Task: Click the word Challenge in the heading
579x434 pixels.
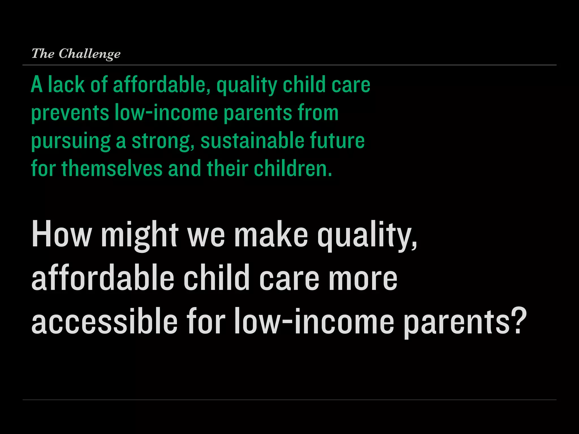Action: tap(89, 54)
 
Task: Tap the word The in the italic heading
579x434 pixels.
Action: tap(43, 53)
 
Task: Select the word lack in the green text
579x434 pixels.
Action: tap(66, 84)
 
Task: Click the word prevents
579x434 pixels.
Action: tap(70, 113)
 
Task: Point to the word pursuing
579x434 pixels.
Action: tap(71, 141)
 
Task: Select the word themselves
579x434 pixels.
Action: tap(112, 168)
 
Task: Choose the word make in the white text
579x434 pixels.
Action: tap(271, 234)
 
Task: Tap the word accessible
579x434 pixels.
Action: tap(104, 321)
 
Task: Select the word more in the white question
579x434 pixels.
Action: tap(362, 278)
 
